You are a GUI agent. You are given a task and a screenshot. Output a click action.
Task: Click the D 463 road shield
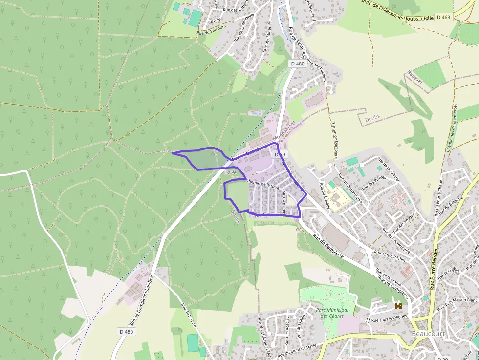[443, 17]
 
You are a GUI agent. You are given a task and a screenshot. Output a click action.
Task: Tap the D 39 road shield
[280, 154]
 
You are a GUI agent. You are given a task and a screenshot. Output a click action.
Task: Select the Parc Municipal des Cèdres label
[332, 313]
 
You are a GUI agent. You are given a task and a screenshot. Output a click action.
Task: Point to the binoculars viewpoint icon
[399, 306]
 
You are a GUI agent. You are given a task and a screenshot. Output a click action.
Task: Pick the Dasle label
[230, 172]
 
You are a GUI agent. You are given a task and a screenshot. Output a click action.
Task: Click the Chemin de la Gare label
[262, 184]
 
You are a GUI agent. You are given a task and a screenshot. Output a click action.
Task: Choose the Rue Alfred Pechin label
[390, 257]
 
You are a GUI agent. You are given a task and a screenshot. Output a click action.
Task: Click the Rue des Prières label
[373, 183]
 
